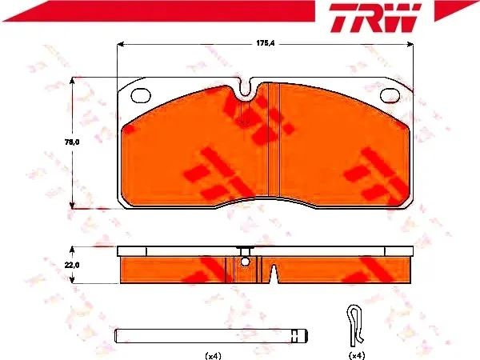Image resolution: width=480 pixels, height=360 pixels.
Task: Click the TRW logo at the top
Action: [x=375, y=18]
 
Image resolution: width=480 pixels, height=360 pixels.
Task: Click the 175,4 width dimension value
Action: [x=266, y=43]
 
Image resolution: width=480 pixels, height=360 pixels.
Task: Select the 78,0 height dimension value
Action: [x=72, y=142]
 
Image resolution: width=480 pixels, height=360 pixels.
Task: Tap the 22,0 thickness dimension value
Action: [x=72, y=265]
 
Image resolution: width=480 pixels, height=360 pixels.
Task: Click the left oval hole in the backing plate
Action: [x=141, y=95]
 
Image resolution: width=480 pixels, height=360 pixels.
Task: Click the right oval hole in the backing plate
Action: [x=390, y=95]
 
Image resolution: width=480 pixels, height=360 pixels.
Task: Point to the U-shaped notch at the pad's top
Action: [x=245, y=88]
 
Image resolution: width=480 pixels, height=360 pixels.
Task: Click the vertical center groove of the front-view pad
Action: [x=274, y=139]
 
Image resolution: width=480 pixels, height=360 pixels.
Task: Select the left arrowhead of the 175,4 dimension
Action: [x=120, y=44]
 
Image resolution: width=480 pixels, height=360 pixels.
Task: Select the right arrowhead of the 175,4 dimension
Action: [x=410, y=44]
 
